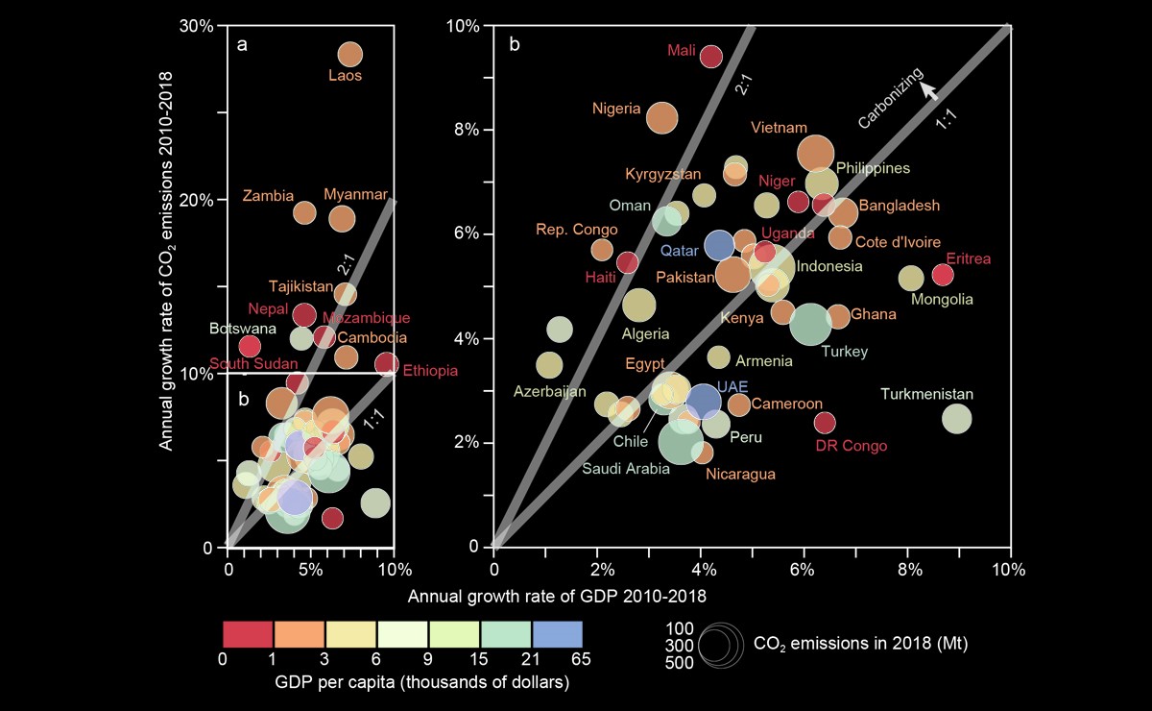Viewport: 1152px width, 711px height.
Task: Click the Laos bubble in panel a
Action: (350, 55)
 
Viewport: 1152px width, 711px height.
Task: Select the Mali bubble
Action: (710, 57)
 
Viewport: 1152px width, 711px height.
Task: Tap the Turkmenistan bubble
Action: (956, 418)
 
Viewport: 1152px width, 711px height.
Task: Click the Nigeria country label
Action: (616, 109)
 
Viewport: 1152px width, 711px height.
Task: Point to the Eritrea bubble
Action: (943, 275)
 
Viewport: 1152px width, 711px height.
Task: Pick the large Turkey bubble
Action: (811, 324)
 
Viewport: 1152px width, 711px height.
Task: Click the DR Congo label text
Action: (851, 446)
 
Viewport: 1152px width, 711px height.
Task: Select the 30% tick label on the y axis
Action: (196, 26)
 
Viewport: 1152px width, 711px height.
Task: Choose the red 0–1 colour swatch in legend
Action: (249, 635)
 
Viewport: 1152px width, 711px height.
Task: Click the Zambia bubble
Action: (304, 212)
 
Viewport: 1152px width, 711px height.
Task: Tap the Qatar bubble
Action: (720, 246)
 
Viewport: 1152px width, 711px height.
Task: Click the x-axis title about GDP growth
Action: (557, 596)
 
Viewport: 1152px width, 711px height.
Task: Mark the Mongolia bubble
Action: (911, 278)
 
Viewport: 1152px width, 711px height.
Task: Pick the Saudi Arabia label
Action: (626, 469)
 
